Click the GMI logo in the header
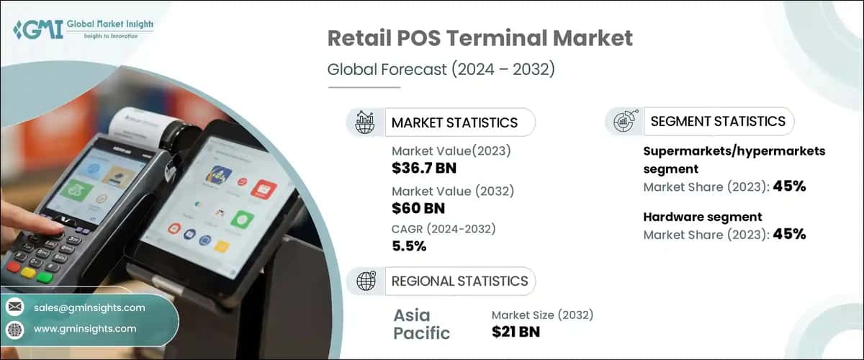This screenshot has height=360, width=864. click(x=83, y=30)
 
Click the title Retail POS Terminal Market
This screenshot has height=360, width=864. click(x=480, y=37)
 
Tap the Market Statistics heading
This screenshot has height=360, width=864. click(x=454, y=122)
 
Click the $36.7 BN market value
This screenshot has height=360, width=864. click(x=424, y=168)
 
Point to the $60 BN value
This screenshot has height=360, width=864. click(x=418, y=209)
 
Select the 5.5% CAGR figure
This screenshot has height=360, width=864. click(x=409, y=246)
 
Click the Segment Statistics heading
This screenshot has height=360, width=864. click(x=718, y=121)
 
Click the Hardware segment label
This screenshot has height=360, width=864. click(x=702, y=216)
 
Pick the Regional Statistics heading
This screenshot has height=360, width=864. click(x=459, y=281)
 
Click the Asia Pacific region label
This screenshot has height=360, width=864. click(x=422, y=324)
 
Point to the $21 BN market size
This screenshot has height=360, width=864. click(x=516, y=331)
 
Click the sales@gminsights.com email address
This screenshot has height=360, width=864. click(x=89, y=307)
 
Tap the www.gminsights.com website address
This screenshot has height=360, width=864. click(x=85, y=328)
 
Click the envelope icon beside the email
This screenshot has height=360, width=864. click(x=15, y=307)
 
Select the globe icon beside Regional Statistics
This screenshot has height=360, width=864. click(x=364, y=282)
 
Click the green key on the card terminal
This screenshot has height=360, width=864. click(x=45, y=277)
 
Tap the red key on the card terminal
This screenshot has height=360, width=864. click(x=12, y=267)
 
